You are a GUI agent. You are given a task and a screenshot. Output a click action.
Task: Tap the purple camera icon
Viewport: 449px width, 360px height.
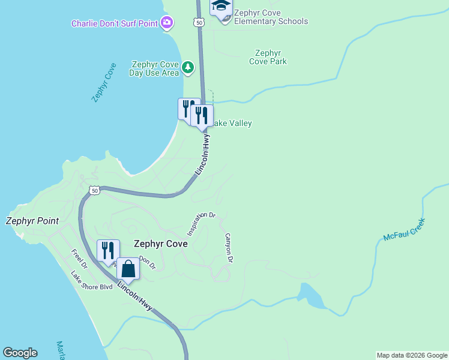(167, 23)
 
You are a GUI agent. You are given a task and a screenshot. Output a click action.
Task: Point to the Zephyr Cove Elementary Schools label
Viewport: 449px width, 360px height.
(271, 17)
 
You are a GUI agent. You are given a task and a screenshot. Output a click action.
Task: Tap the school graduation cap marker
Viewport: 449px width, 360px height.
(220, 6)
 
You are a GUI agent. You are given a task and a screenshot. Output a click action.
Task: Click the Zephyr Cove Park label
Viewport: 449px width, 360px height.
(268, 57)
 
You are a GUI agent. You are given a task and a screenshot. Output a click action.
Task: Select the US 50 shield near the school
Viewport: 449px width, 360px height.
(199, 22)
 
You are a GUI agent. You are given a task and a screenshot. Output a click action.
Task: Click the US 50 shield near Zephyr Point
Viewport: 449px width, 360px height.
(94, 190)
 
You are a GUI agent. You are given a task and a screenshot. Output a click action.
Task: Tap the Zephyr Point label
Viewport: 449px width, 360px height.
(32, 221)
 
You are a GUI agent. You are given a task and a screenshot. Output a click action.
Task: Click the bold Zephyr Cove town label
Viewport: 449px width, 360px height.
(160, 244)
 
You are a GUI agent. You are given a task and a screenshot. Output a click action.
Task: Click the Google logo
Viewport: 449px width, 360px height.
(20, 353)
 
